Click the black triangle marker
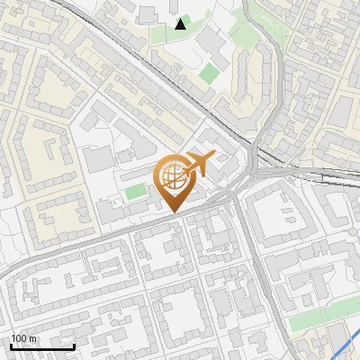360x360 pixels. coord(181,24)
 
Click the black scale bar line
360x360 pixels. coord(42,346)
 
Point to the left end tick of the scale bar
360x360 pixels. coord(12,345)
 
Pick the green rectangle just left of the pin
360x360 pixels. coord(136,191)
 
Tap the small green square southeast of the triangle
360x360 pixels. coord(209,72)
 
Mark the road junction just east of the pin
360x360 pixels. coord(236,194)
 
